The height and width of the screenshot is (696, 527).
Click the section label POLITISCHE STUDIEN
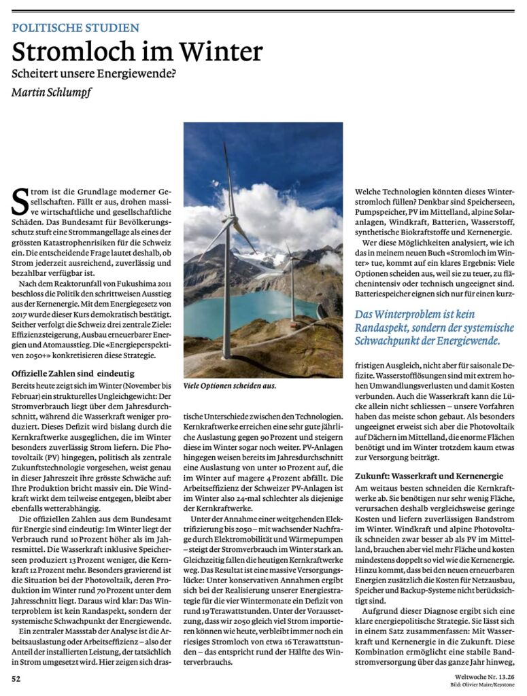75,28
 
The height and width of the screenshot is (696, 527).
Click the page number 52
16,678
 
